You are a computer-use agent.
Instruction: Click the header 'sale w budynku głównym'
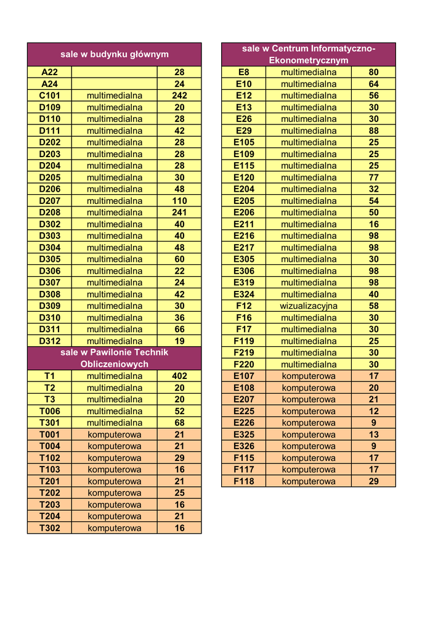click(115, 54)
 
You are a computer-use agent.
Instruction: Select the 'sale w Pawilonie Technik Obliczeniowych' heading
click(115, 358)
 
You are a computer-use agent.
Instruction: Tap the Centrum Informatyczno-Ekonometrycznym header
click(309, 54)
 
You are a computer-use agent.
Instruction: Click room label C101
click(49, 96)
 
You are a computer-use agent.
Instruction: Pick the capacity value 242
click(179, 96)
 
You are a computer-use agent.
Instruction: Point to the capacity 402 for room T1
click(179, 376)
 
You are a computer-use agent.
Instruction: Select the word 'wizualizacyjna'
click(309, 306)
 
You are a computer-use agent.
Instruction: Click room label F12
click(244, 306)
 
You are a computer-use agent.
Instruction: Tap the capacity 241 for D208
click(179, 213)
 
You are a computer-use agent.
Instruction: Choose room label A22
click(49, 72)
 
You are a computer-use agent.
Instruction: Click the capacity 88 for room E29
click(373, 131)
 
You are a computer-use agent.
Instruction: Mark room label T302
click(49, 528)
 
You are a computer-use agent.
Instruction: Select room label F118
click(244, 481)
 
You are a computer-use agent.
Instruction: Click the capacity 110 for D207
click(179, 201)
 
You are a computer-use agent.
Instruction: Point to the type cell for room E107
click(309, 376)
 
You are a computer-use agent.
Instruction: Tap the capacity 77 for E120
click(373, 177)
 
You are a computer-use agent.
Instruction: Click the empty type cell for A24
click(115, 84)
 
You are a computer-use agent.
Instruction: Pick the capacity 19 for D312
click(179, 341)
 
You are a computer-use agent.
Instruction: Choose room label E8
click(244, 72)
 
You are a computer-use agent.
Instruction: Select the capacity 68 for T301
click(179, 423)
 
